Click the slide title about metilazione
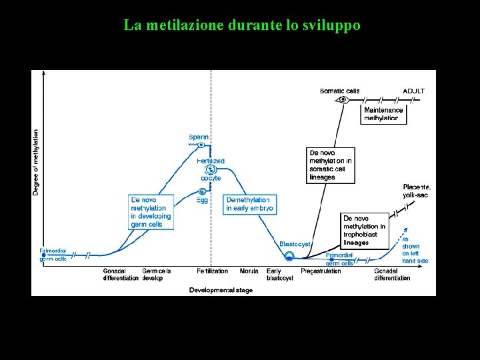click(x=241, y=26)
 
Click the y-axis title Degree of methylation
click(x=36, y=162)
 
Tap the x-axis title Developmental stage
click(x=221, y=290)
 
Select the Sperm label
click(x=199, y=137)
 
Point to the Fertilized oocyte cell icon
click(x=211, y=170)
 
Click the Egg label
click(x=202, y=200)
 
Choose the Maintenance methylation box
click(x=384, y=114)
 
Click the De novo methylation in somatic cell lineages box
click(x=331, y=165)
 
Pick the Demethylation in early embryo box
click(x=249, y=204)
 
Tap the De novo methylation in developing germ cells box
click(x=151, y=211)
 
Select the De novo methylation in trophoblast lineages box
click(x=364, y=230)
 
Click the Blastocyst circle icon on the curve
click(x=289, y=256)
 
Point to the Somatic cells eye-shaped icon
click(x=343, y=100)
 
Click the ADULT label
click(x=413, y=91)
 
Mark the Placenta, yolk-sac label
click(x=417, y=191)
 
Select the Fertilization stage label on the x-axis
click(x=212, y=271)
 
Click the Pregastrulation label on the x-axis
click(x=321, y=271)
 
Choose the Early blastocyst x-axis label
click(x=279, y=275)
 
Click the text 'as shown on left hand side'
click(x=415, y=249)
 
